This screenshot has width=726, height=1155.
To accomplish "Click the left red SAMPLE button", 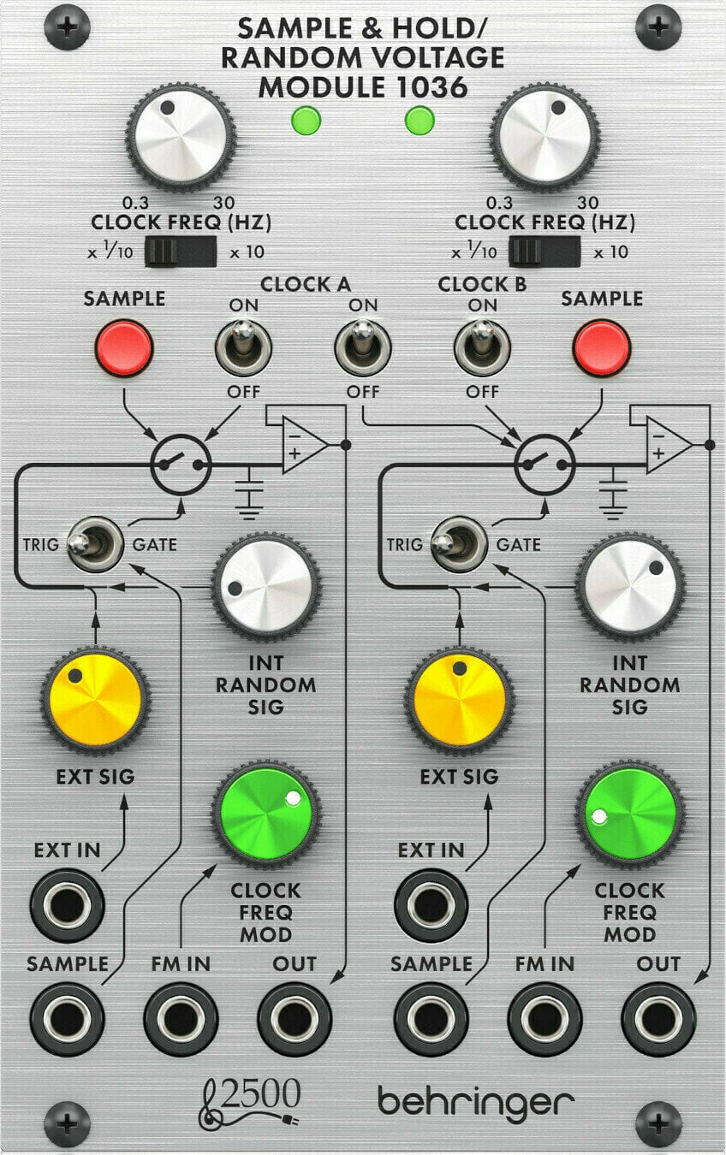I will coord(124,347).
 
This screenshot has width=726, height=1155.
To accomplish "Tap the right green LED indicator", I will coord(419,121).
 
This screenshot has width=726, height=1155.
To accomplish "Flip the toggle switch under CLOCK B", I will coord(482,347).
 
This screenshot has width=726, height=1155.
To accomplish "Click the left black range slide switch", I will coord(180,252).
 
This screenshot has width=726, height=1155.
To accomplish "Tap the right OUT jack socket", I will coord(658,1018).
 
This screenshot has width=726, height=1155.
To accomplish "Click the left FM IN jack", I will coord(180,1018).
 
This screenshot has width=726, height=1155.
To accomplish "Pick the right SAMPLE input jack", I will coord(431,1018).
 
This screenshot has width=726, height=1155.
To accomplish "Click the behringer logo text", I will coord(476,1101).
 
